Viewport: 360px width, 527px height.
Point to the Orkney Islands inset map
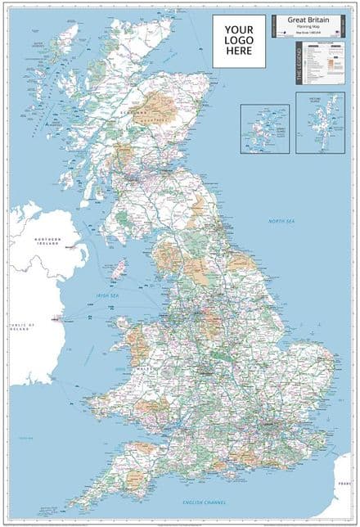[264, 128]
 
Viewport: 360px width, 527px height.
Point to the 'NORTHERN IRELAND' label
[47, 241]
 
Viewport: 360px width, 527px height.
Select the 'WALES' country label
[130, 368]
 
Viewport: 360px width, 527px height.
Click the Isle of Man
[119, 268]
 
